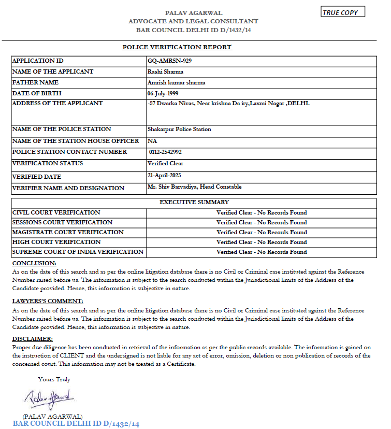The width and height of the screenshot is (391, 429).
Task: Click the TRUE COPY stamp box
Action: tap(343, 12)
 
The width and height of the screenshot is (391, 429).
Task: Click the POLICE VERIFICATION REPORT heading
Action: tap(177, 47)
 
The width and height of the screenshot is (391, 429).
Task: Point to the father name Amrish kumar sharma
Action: tap(176, 83)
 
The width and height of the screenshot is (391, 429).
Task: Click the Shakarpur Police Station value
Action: tap(179, 129)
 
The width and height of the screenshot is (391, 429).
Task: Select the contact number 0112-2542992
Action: tap(165, 152)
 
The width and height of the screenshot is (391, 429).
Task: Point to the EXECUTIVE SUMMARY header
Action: tap(194, 202)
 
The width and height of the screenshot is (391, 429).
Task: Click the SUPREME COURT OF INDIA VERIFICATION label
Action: tap(78, 252)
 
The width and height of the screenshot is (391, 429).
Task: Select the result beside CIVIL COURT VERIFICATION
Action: tap(262, 212)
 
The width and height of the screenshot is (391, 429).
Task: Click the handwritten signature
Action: tap(50, 399)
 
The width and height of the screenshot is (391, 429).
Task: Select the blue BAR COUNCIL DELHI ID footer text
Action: tap(76, 424)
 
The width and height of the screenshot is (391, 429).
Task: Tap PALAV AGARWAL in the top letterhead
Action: tap(193, 12)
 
